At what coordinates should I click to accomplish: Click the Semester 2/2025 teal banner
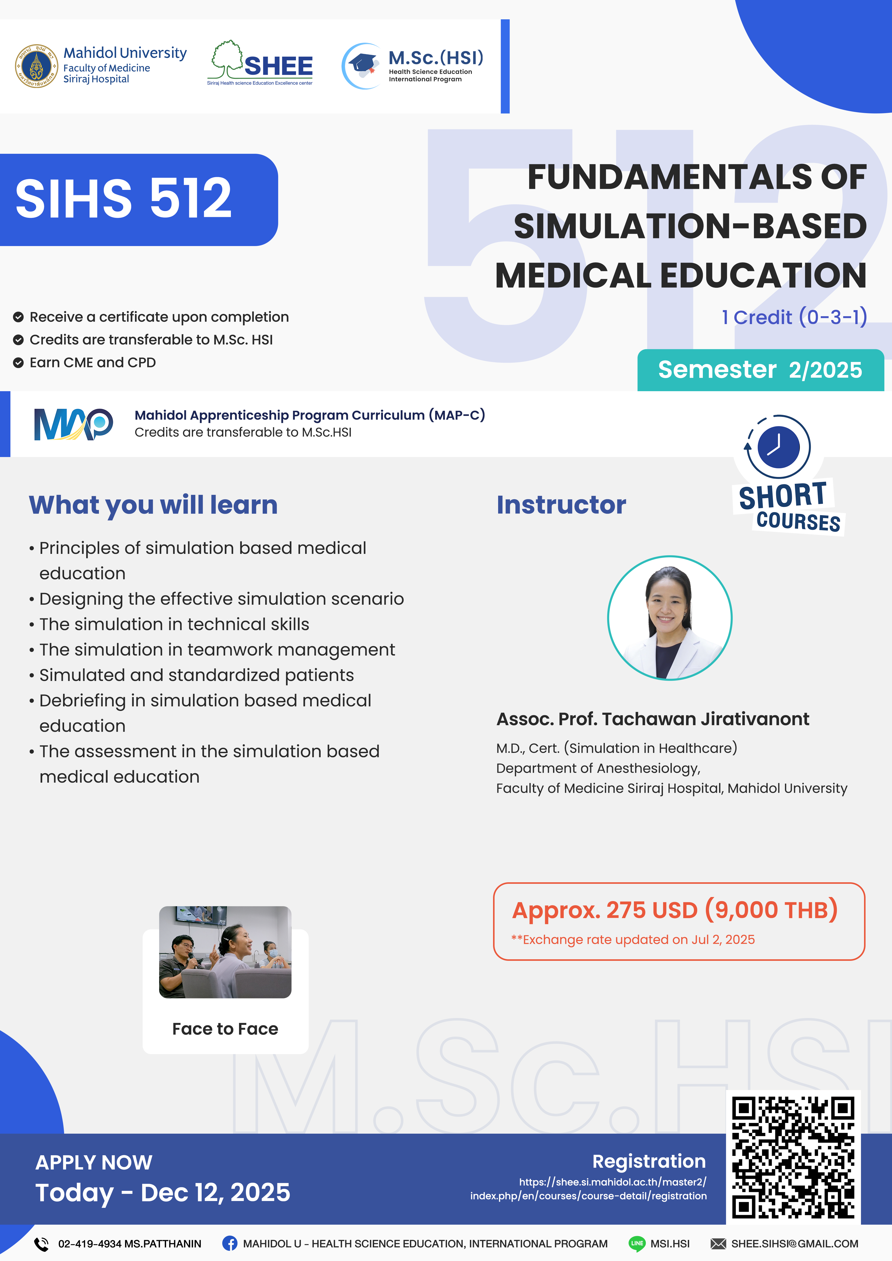760,370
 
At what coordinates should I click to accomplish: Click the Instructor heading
561,505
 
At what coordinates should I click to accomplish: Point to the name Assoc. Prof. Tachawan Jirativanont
652,719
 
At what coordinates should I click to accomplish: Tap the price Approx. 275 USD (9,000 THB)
675,910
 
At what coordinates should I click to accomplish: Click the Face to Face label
225,1029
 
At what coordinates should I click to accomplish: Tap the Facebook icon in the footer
230,1243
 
